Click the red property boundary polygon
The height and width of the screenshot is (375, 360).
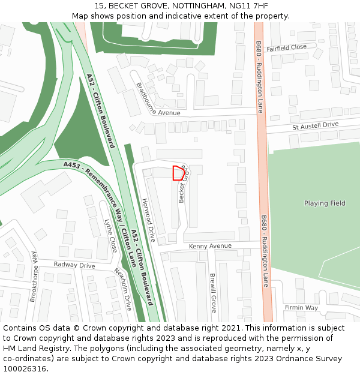(178, 173)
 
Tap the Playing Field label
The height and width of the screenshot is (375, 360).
(325, 203)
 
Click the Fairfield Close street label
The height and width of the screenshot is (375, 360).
(287, 47)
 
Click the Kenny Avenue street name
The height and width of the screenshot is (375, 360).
(210, 246)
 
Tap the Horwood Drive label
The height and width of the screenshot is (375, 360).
(148, 221)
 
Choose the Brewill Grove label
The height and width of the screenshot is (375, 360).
(213, 293)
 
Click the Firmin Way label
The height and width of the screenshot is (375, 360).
(301, 308)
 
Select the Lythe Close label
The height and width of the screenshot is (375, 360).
(110, 235)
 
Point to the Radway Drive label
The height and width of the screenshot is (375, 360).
(74, 265)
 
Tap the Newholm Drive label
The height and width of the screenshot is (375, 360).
(122, 289)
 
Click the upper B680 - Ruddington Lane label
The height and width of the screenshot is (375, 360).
(259, 77)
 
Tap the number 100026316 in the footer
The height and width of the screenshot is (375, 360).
(25, 368)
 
